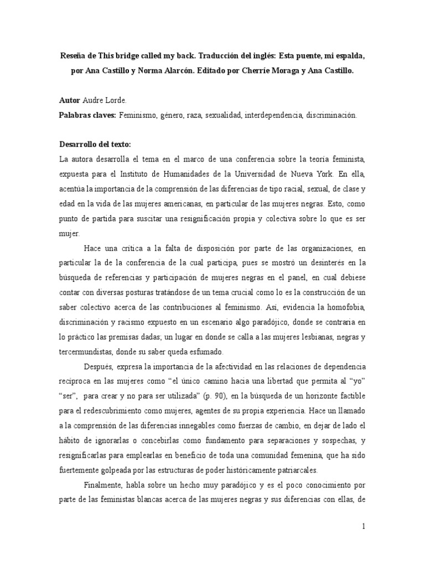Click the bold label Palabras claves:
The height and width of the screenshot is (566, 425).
pos(90,116)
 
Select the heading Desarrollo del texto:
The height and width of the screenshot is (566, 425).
pos(95,145)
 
